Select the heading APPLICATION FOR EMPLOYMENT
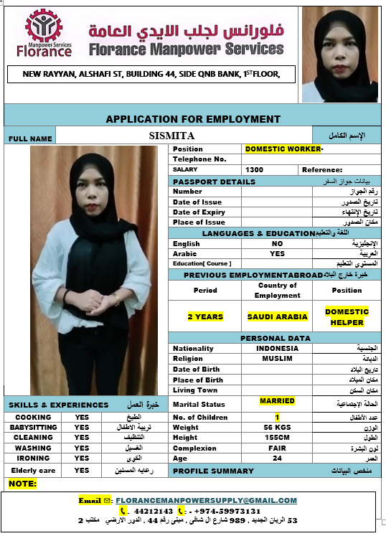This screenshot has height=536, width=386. click(193, 118)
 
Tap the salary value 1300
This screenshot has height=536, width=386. click(254, 169)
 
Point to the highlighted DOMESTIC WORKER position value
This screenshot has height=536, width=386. click(284, 149)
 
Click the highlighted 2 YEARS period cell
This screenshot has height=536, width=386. click(205, 316)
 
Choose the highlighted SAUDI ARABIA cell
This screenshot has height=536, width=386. click(277, 316)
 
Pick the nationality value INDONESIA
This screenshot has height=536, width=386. click(277, 349)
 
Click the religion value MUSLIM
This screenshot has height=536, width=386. click(277, 359)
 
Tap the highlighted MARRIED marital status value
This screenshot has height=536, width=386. click(277, 401)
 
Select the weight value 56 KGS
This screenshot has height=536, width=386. click(277, 428)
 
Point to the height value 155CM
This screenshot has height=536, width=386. click(277, 438)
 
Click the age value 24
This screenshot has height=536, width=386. click(277, 458)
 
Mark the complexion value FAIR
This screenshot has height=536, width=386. click(277, 448)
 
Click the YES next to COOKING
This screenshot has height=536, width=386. click(82, 417)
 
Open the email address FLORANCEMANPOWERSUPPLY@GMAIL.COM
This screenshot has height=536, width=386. click(206, 500)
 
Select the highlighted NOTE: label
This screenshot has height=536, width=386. click(22, 484)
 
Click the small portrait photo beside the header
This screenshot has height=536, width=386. click(339, 54)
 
